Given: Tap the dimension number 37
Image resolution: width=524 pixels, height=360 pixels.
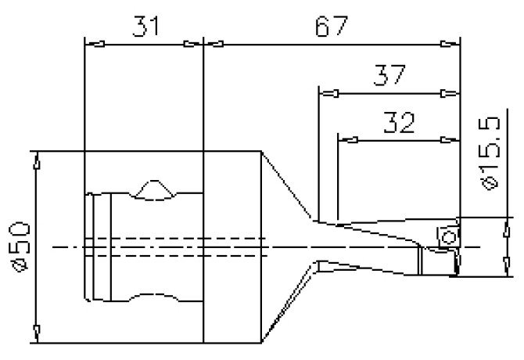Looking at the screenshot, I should [388, 76].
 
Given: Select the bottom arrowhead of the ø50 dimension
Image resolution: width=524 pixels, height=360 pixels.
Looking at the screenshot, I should [37, 333].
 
